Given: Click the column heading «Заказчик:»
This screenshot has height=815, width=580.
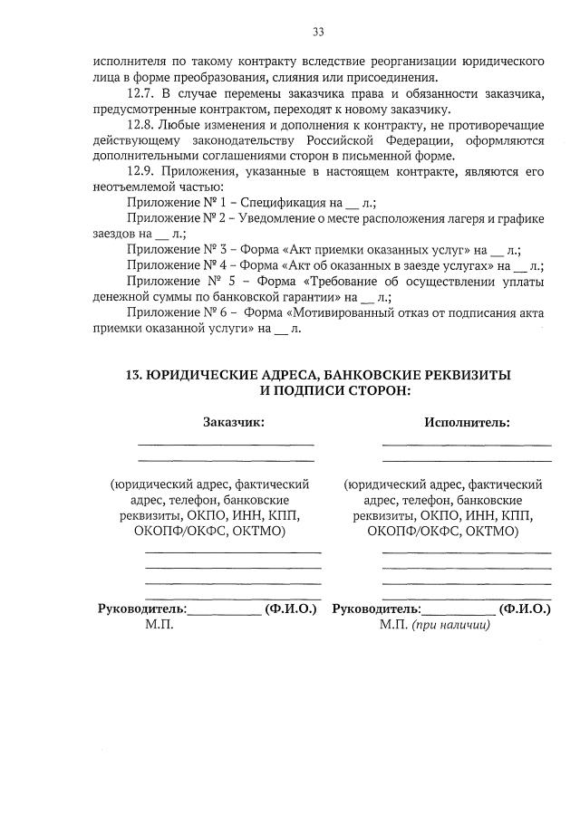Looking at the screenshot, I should pos(234,422).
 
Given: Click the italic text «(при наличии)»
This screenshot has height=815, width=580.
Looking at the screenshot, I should pos(450,626).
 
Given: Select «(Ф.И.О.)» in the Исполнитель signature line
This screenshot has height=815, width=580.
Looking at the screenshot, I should pos(525,609).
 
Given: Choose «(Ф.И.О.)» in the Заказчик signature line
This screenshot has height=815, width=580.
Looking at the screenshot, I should pos(290,609).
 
